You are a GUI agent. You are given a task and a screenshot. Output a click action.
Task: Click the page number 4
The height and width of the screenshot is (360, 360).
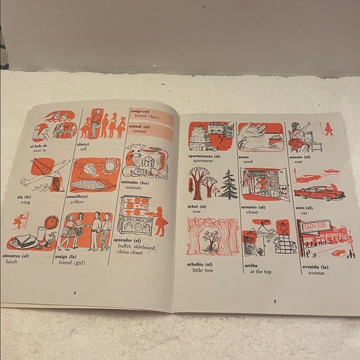(74, 292)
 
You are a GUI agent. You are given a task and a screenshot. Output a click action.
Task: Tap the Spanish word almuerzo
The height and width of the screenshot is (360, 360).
(15, 255)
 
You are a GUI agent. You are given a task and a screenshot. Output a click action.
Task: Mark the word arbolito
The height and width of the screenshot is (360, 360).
(199, 263)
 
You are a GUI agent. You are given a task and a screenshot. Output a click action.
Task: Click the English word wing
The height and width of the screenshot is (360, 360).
(27, 202)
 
